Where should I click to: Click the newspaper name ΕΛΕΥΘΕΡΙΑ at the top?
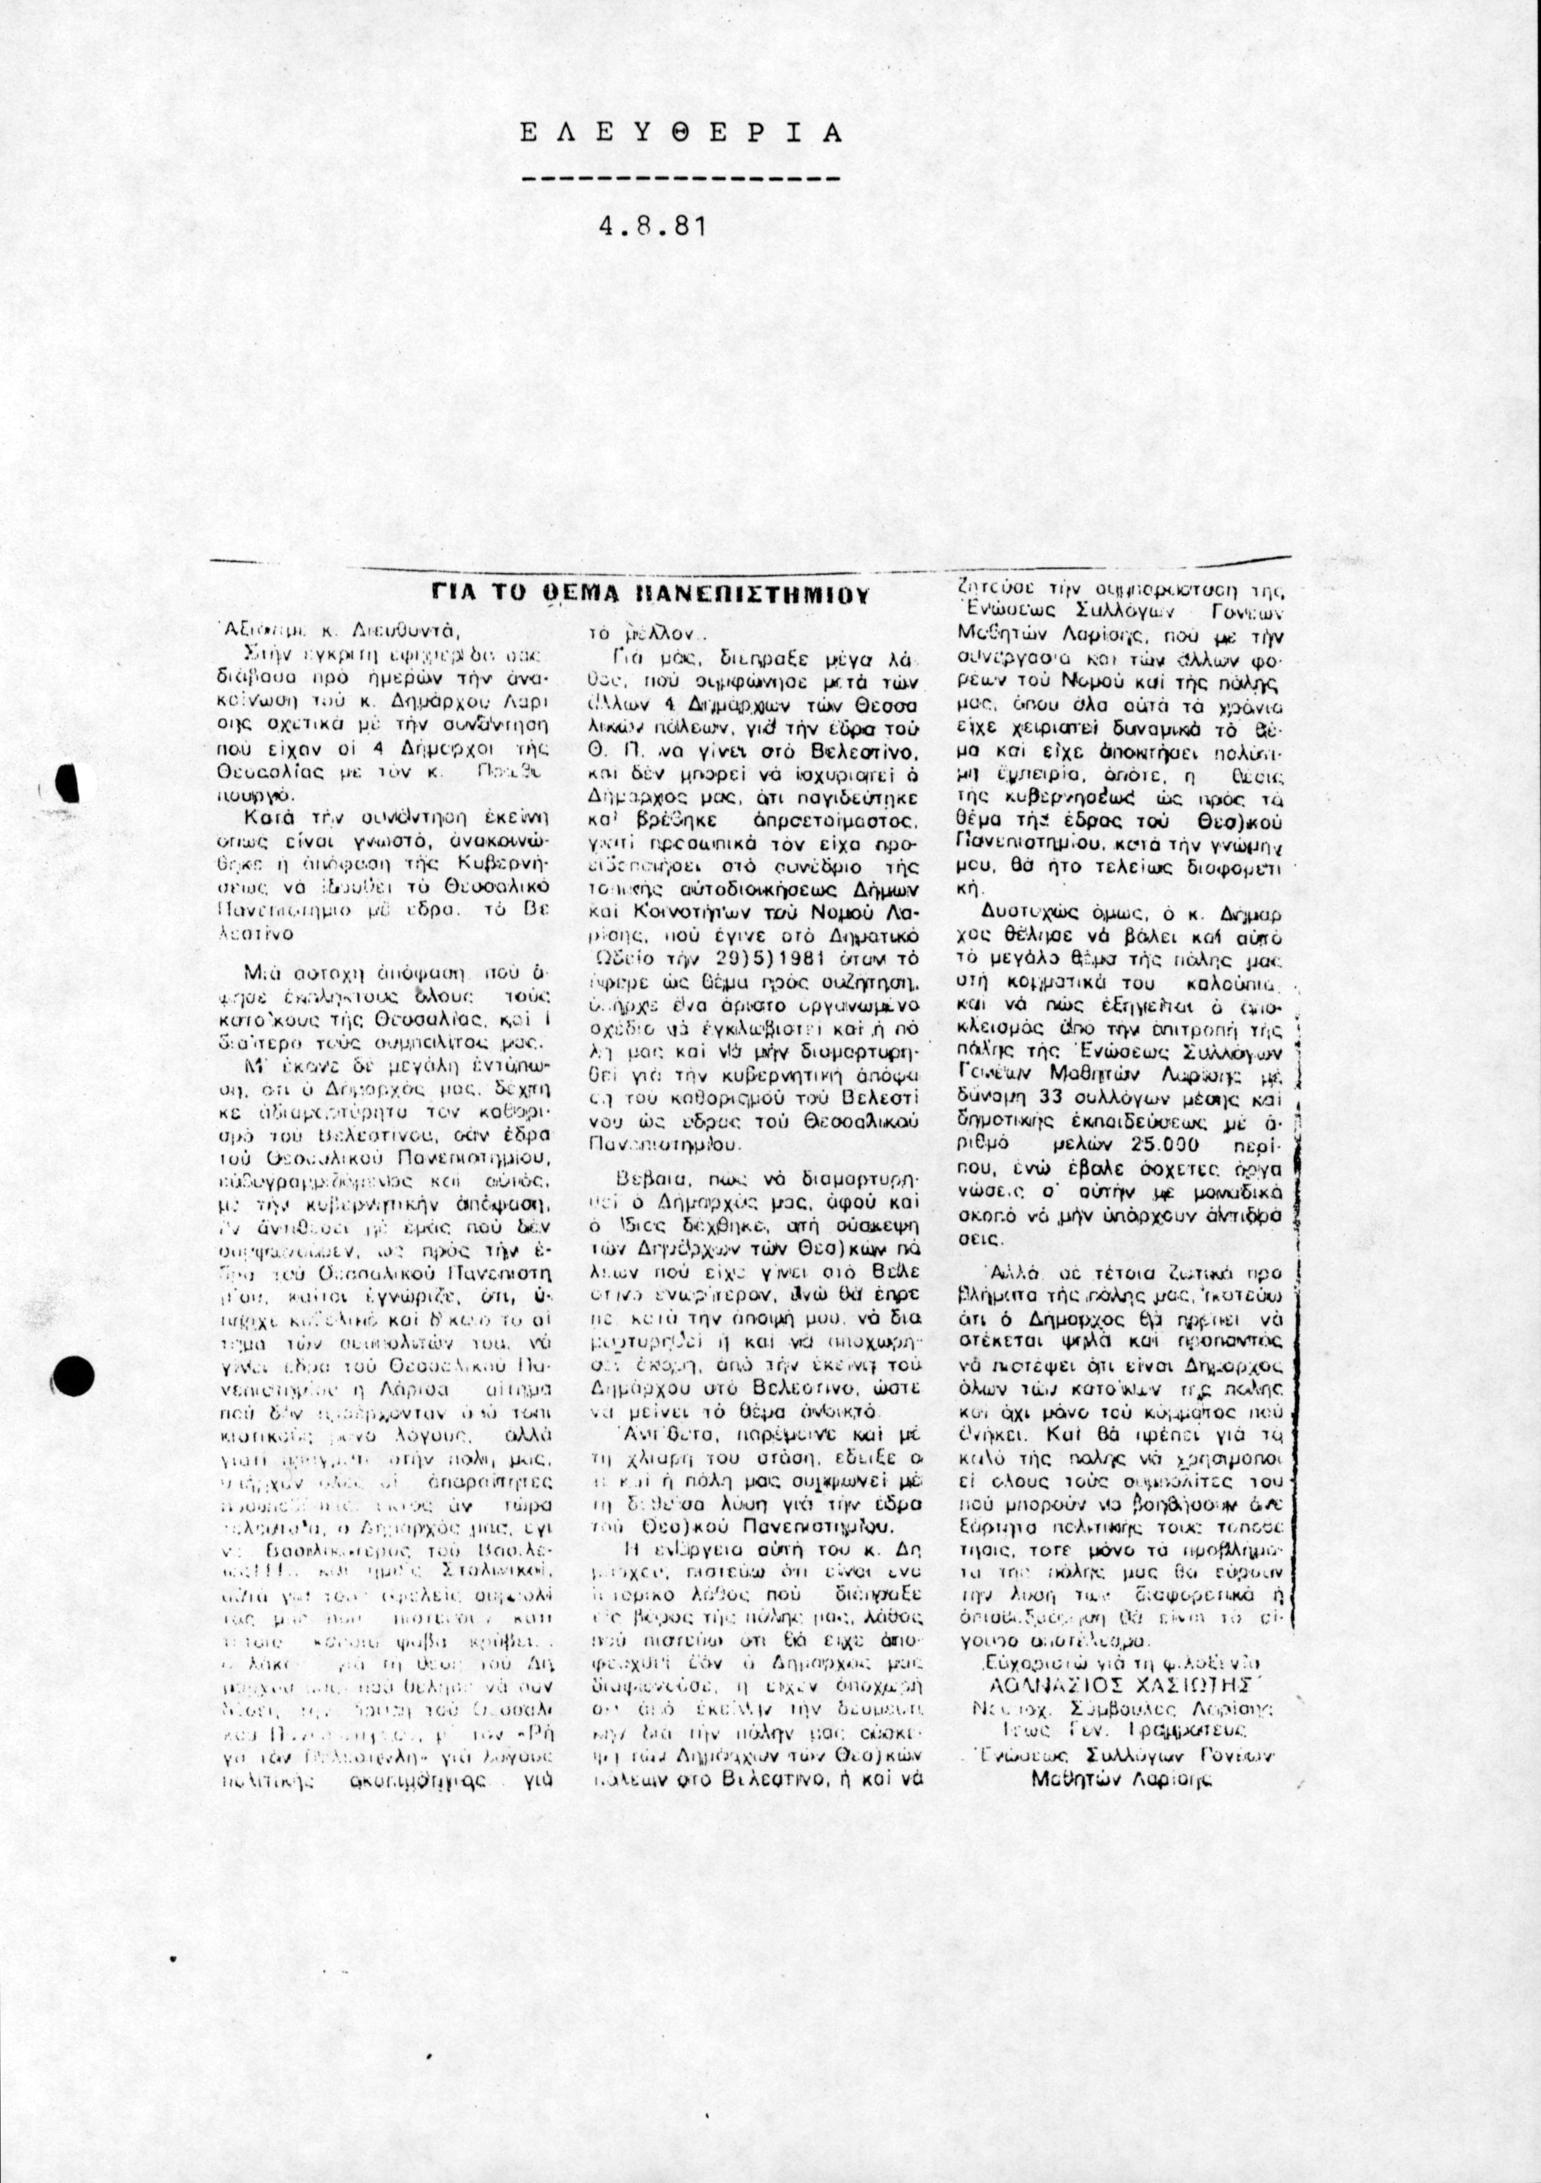pyautogui.click(x=681, y=132)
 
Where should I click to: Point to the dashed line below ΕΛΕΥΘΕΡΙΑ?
pyautogui.click(x=681, y=179)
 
